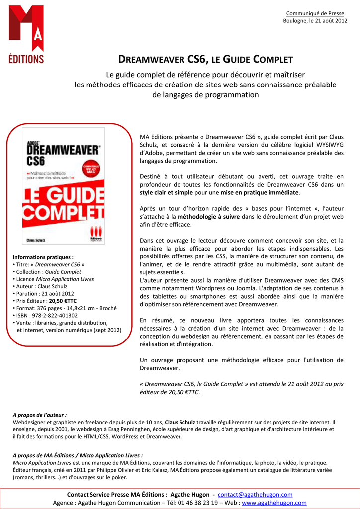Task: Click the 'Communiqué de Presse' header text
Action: tap(316, 13)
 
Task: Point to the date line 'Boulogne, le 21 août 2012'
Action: tap(315, 21)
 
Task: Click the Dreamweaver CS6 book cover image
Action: tap(63, 186)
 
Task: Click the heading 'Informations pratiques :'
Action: tap(43, 257)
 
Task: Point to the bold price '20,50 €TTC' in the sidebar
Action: tap(66, 301)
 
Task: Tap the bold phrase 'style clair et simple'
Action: tap(166, 192)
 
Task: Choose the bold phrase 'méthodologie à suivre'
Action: tap(209, 217)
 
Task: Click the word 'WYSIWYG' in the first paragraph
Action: tap(327, 145)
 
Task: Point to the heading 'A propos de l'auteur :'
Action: tap(40, 415)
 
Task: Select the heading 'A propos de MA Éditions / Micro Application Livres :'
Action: tap(78, 455)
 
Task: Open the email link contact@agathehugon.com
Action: tap(256, 495)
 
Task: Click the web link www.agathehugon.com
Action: tap(274, 503)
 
